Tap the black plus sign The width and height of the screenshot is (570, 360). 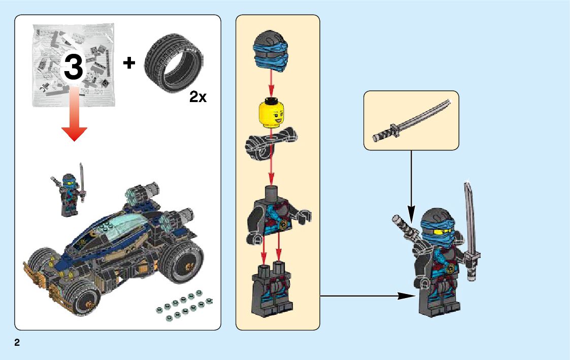coord(130,63)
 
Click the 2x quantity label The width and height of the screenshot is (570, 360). coord(198,97)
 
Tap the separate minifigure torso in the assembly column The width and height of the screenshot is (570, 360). coord(274,213)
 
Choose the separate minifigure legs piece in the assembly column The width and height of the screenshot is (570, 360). coord(271,287)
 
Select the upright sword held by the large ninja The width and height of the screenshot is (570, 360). coord(472,223)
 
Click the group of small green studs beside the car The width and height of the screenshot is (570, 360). coord(183,305)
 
